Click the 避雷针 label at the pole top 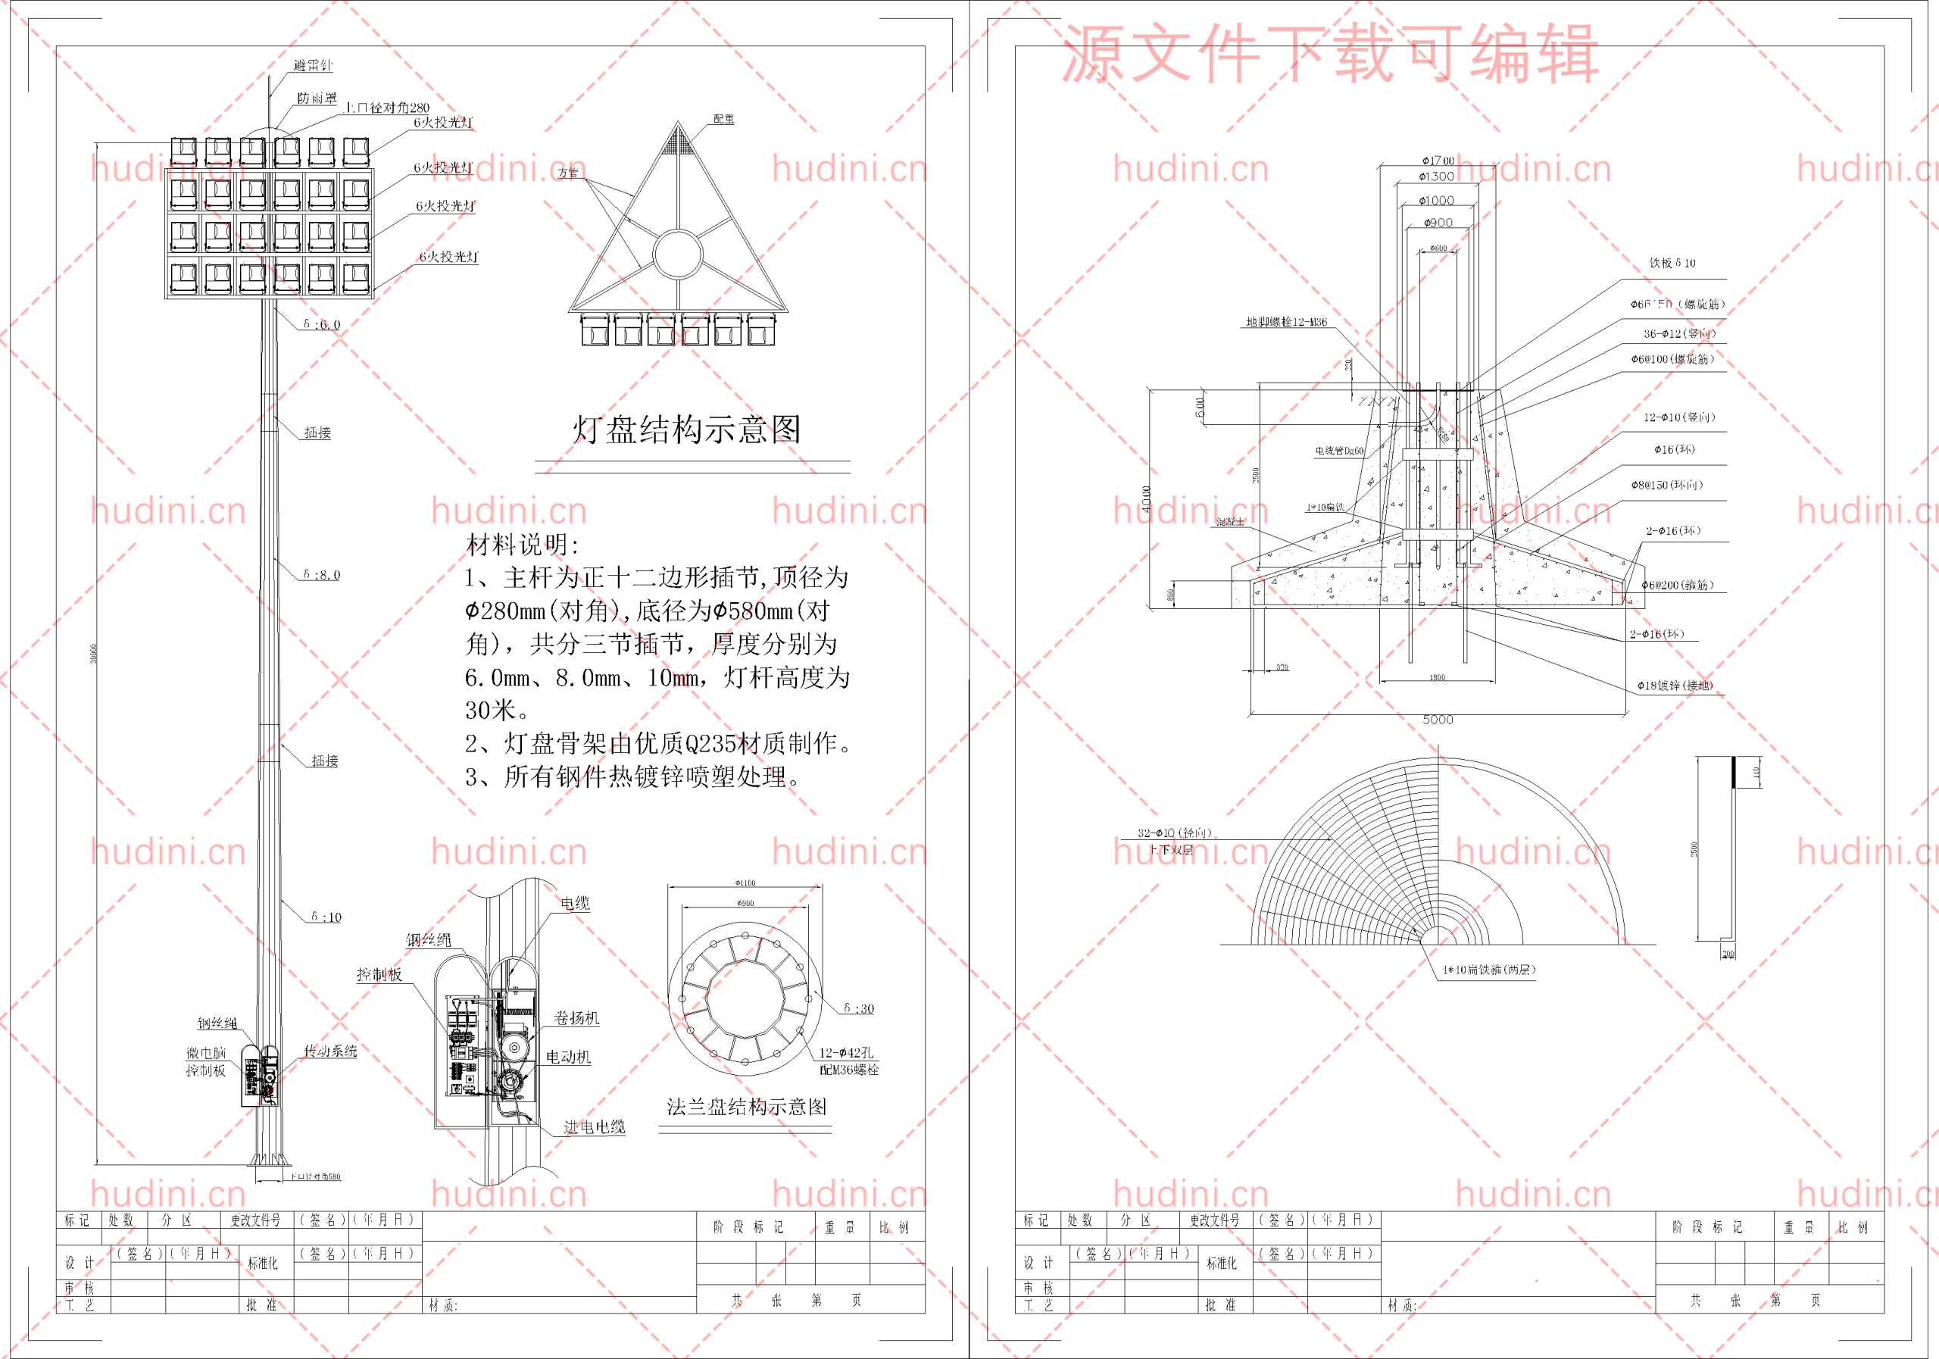point(313,65)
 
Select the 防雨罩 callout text point(317,98)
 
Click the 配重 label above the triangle point(724,119)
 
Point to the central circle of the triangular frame point(677,253)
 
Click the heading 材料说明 point(523,545)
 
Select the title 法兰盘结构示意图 point(747,1107)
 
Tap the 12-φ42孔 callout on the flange point(846,1052)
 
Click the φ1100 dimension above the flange point(745,883)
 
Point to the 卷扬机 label point(576,1018)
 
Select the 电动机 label point(567,1057)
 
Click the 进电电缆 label point(595,1126)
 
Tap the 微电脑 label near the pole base point(206,1053)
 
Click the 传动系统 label point(330,1051)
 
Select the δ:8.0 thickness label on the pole point(322,575)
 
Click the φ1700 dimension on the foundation point(1438,161)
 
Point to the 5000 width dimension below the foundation point(1438,720)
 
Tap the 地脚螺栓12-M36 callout point(1286,322)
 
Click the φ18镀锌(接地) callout point(1675,685)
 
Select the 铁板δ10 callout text point(1672,263)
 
